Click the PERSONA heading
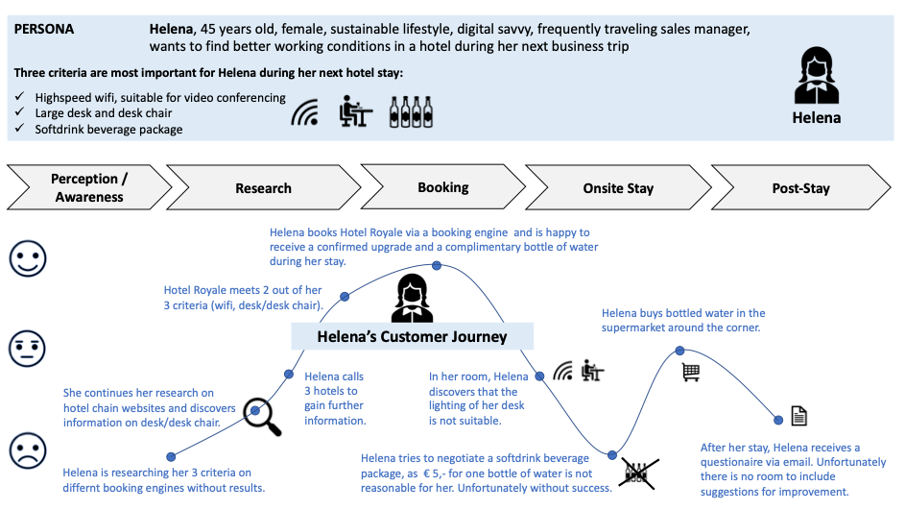click(x=45, y=29)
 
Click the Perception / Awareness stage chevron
click(x=89, y=187)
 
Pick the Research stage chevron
click(x=263, y=187)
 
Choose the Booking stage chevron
click(x=442, y=187)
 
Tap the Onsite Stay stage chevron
click(x=617, y=187)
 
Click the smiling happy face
click(x=28, y=256)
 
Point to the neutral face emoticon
click(x=28, y=348)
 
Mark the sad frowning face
click(x=28, y=449)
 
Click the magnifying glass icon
click(x=261, y=414)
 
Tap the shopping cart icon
click(x=691, y=373)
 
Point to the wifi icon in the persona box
click(x=305, y=113)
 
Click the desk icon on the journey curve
click(x=592, y=371)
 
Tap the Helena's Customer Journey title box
click(x=413, y=336)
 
